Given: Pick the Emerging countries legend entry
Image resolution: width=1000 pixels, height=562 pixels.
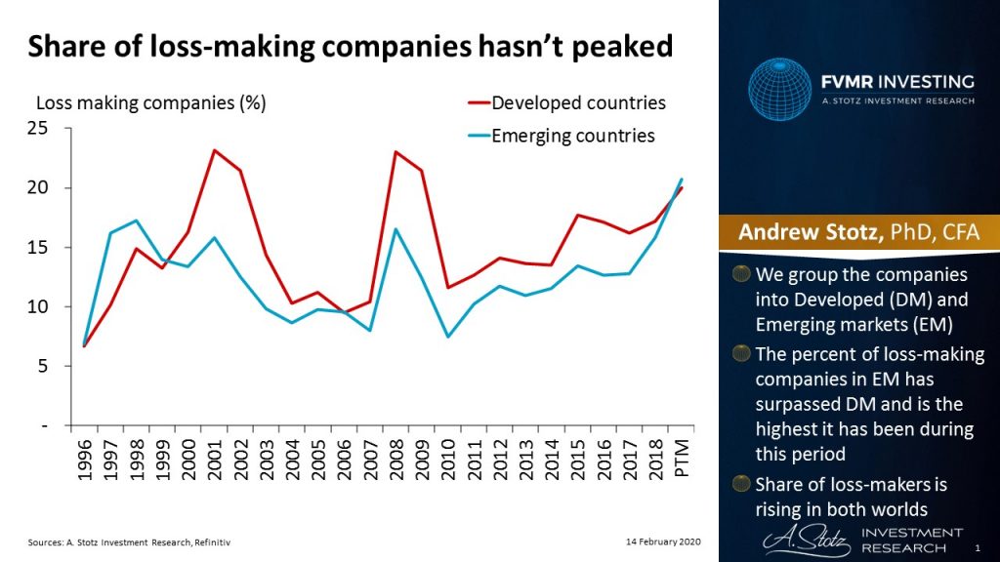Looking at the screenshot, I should pos(572,136).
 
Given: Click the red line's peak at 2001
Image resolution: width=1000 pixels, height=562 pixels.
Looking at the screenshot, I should pos(214,150).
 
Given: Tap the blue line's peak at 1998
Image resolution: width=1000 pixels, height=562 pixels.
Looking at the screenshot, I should pos(135,221).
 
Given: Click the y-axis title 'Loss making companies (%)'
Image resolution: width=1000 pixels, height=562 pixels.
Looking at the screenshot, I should pos(150,101).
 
